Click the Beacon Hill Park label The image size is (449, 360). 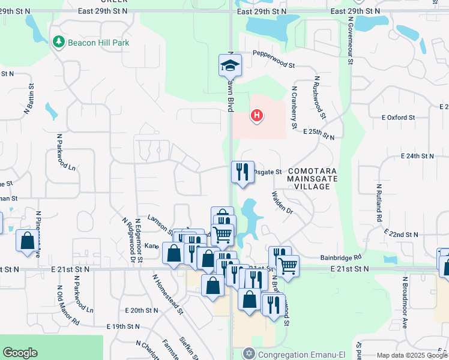tap(98, 43)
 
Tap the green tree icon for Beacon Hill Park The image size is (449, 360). tap(58, 42)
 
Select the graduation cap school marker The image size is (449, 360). tap(229, 65)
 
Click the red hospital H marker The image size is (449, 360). tap(257, 114)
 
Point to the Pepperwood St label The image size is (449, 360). tap(274, 59)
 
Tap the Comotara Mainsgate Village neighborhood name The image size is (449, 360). tap(312, 179)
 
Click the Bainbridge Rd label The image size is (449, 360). tap(340, 257)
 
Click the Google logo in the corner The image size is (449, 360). tap(20, 353)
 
